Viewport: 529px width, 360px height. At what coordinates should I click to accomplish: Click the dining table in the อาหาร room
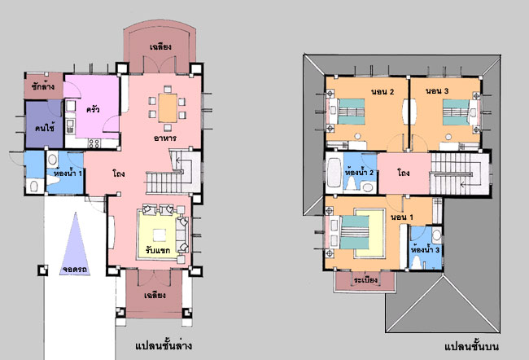[x=168, y=108]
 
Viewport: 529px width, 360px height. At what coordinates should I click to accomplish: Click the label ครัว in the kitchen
[x=93, y=109]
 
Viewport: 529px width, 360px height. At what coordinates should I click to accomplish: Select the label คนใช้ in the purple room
[x=45, y=128]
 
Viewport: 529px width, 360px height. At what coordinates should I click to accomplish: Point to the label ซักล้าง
[x=43, y=86]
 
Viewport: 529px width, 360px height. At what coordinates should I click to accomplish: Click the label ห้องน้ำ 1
[x=68, y=173]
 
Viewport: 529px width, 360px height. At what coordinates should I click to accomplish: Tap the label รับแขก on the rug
[x=158, y=250]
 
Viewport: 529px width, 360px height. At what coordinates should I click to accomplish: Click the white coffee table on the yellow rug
[x=160, y=235]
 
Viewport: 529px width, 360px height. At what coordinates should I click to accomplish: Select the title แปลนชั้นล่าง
[x=164, y=346]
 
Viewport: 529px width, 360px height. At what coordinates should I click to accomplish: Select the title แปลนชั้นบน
[x=471, y=347]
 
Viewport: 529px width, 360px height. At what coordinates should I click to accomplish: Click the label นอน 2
[x=383, y=91]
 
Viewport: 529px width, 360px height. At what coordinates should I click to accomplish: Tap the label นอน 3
[x=437, y=91]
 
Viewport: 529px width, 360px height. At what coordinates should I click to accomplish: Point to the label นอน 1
[x=401, y=217]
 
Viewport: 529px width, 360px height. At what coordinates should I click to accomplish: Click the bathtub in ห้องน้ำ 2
[x=334, y=173]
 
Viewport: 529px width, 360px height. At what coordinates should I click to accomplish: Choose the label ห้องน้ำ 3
[x=425, y=250]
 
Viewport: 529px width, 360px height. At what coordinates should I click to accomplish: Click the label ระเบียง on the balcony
[x=365, y=280]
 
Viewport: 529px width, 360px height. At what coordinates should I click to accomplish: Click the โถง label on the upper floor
[x=404, y=173]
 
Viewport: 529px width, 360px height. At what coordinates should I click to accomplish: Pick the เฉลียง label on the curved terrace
[x=160, y=46]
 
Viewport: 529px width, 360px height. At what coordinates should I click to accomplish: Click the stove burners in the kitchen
[x=94, y=143]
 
